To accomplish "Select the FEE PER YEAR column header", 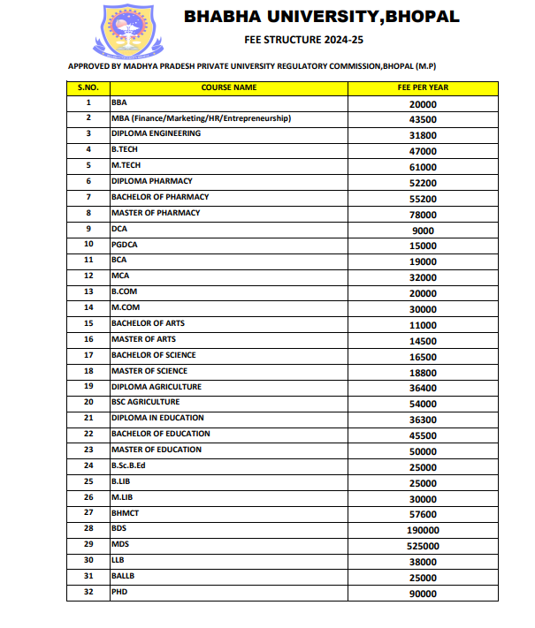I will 423,88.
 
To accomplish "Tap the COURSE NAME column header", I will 228,88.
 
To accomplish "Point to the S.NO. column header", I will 88,88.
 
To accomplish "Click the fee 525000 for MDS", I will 423,546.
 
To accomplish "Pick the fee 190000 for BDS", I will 423,530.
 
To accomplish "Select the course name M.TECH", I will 126,165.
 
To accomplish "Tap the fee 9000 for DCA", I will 423,231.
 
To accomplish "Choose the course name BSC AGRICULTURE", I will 145,402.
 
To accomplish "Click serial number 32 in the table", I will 88,592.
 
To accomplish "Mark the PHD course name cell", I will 119,592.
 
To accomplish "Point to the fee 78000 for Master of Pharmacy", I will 423,215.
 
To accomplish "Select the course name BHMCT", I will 125,512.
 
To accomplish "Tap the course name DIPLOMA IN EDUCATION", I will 157,418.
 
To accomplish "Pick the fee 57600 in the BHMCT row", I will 423,514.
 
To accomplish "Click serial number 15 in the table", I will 88,323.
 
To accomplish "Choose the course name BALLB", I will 123,576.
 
